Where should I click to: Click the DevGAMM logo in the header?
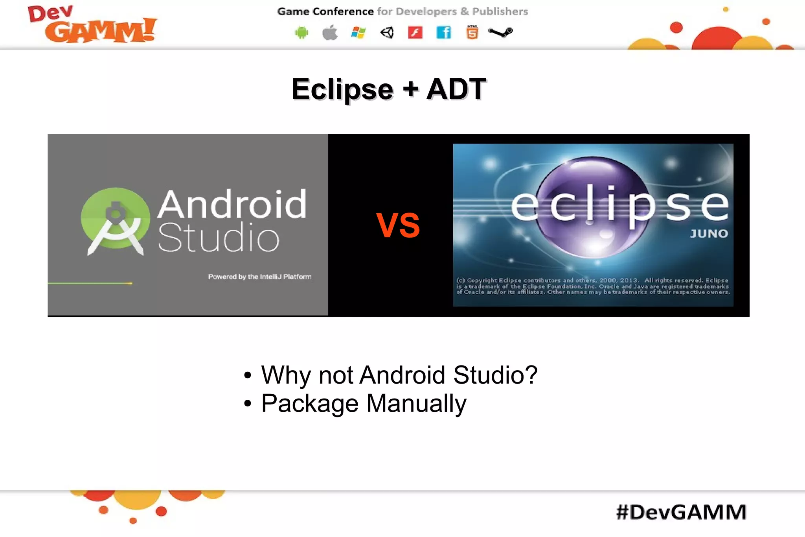click(92, 24)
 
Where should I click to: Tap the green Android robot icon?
click(301, 33)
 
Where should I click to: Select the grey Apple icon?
click(330, 33)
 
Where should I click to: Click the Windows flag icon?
click(358, 33)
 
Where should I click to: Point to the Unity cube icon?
click(387, 33)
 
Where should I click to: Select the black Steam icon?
click(500, 32)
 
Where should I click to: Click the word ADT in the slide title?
click(456, 89)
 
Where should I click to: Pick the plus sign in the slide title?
click(410, 89)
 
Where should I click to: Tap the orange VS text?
click(398, 225)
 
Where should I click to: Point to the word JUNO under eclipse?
click(709, 234)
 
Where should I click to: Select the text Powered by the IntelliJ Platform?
click(259, 277)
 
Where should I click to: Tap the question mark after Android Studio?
click(531, 375)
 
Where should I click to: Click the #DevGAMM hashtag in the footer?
click(681, 512)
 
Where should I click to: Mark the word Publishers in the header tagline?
click(500, 12)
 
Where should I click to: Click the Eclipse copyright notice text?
click(593, 286)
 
